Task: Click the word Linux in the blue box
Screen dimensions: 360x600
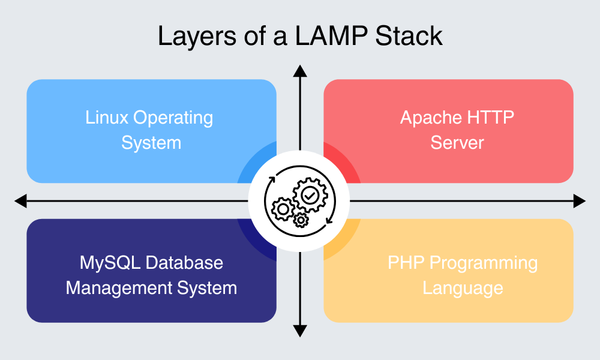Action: pos(107,118)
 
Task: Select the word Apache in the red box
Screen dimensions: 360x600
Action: pos(428,118)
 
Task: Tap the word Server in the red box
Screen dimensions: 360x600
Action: pos(457,143)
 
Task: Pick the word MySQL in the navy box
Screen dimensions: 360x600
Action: pos(108,263)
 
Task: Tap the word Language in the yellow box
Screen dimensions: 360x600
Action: pos(463,289)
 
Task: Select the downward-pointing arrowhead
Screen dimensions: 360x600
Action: pos(300,331)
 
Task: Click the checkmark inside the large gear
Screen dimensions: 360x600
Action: pos(310,194)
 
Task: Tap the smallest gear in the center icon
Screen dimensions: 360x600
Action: pos(300,220)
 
